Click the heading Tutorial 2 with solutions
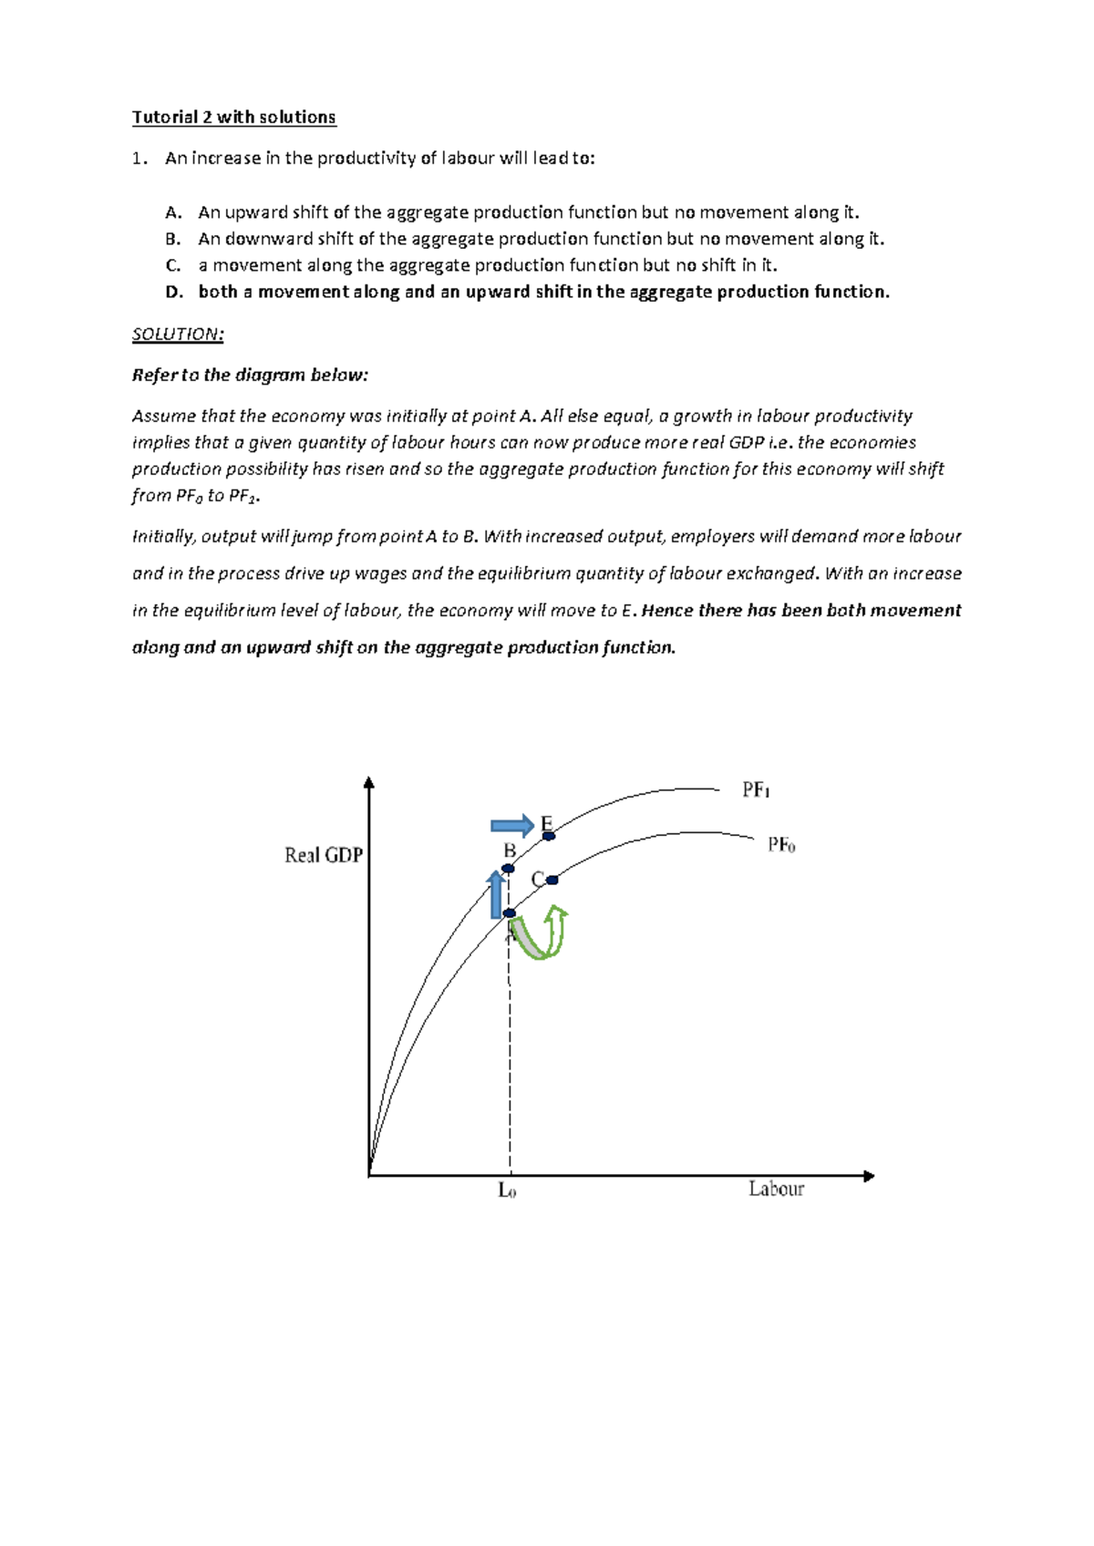click(x=233, y=117)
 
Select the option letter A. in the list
click(x=173, y=212)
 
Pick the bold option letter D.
click(x=174, y=292)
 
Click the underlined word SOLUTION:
click(x=178, y=334)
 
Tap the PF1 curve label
click(x=756, y=789)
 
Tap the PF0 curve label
click(x=781, y=845)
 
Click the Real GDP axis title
click(x=324, y=855)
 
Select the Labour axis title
click(x=776, y=1189)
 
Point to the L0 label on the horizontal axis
click(x=507, y=1190)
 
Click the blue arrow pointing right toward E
click(x=511, y=826)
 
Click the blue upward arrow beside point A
click(x=496, y=894)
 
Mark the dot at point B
click(x=508, y=868)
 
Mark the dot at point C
click(x=552, y=880)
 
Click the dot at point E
click(x=548, y=835)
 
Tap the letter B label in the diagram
click(x=510, y=850)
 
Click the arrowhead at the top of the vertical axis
click(x=368, y=783)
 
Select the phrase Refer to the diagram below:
click(x=250, y=375)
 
